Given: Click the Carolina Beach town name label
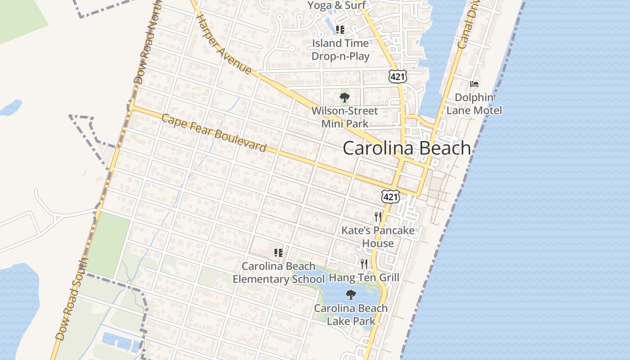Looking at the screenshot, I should point(407,148).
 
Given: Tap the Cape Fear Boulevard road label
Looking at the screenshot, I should point(214,133).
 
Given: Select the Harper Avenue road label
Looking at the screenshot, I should point(224,44).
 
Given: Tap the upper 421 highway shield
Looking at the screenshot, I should point(398,76).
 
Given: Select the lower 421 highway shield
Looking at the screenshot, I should point(390,196).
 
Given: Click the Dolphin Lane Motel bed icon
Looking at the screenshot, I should point(474,84).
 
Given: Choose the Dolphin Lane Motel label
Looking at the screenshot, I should point(474,104).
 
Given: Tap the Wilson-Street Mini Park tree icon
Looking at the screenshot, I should point(344,97).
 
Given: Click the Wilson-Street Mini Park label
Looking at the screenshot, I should point(345,117).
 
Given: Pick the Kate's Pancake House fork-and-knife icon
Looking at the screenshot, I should point(378,217).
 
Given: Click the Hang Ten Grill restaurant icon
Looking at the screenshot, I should point(364,264).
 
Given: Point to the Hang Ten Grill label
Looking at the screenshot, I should point(364,277).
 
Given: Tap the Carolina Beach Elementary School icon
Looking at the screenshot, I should point(278,253).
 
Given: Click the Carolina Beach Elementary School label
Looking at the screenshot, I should point(278,273).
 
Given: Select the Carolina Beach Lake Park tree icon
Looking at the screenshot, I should point(351,295).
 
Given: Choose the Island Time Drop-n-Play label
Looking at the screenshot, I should point(341,50).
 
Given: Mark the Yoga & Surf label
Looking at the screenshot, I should point(336,5).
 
